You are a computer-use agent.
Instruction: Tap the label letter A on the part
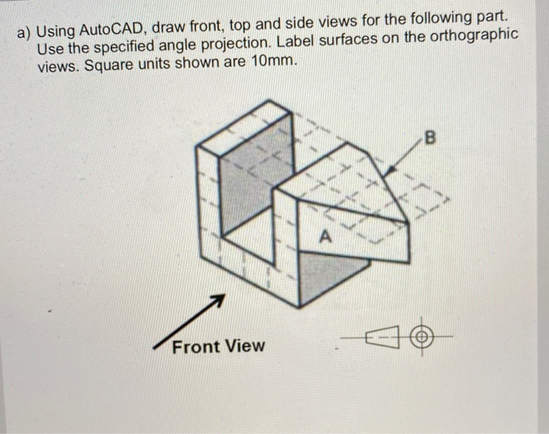(327, 234)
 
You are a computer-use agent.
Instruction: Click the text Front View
(218, 345)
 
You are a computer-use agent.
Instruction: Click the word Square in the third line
(111, 65)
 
